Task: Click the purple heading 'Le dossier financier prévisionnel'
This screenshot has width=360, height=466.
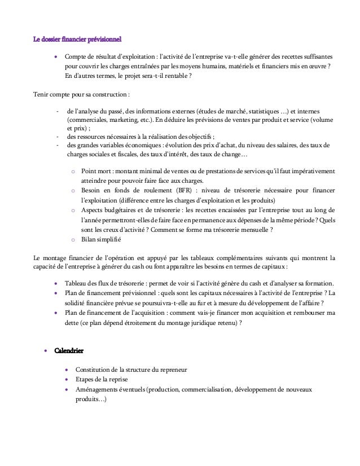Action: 78,39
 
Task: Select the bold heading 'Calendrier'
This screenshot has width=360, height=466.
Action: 69,351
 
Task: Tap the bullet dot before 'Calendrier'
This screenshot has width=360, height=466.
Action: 46,351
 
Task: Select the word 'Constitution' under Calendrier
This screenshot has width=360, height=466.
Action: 95,369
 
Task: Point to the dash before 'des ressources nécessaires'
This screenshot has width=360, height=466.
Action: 58,136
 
